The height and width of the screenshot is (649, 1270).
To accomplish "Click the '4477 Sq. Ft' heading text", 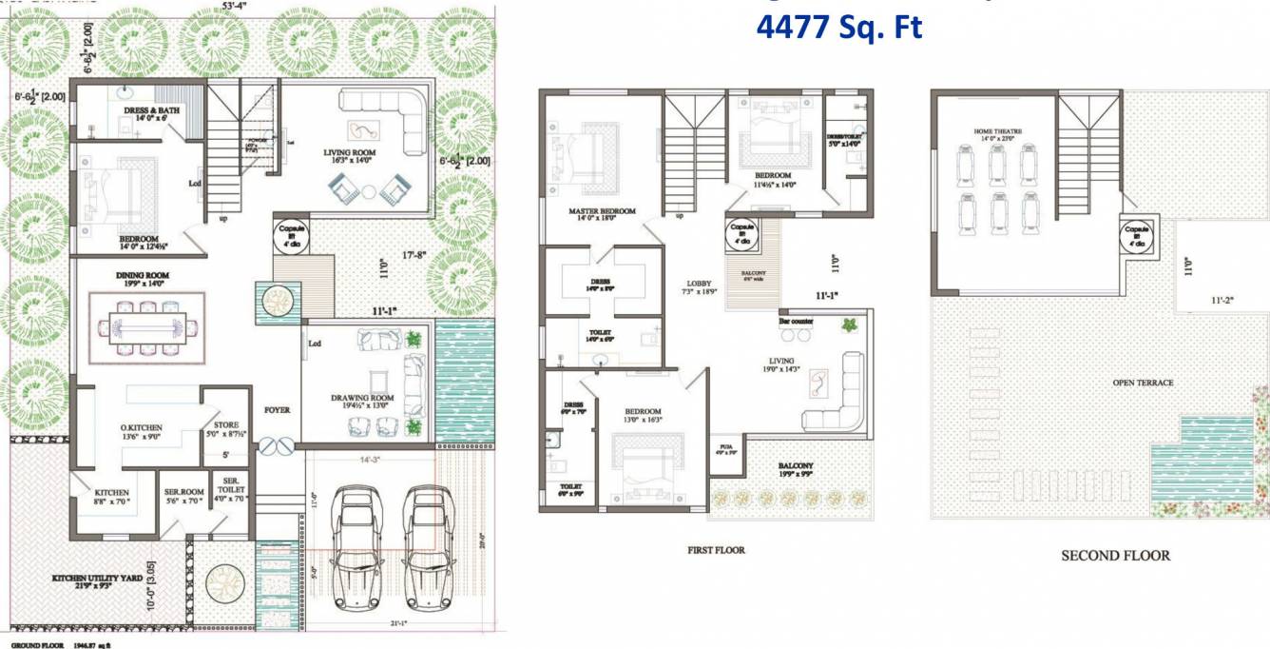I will (x=838, y=27).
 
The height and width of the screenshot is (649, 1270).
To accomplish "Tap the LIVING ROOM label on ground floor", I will (x=351, y=152).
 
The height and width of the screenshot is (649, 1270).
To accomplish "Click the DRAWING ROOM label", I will (x=362, y=398).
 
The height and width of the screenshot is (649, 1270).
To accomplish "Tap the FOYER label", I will (x=277, y=410).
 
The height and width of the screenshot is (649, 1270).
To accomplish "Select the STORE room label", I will (x=226, y=425).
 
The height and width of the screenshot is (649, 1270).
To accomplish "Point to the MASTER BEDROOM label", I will (x=602, y=211).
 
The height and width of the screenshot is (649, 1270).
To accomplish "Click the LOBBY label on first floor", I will (x=699, y=284).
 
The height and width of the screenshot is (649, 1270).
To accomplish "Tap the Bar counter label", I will (x=796, y=322).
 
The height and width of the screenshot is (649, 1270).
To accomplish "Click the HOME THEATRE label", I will (x=996, y=131).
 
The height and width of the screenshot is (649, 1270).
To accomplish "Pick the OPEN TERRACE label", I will (x=1143, y=383).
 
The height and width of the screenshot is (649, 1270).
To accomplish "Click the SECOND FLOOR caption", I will (x=1115, y=555).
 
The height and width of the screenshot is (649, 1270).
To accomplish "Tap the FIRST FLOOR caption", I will (x=716, y=550).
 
